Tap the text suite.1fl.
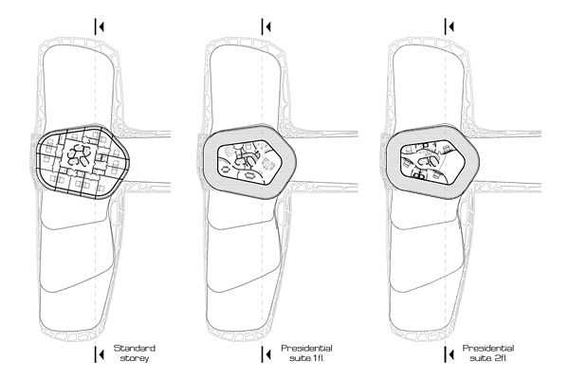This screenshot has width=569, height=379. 303,360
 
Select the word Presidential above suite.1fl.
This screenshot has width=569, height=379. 303,348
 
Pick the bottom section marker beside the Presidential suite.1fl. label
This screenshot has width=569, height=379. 266,354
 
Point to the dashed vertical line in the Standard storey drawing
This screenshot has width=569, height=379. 100,265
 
